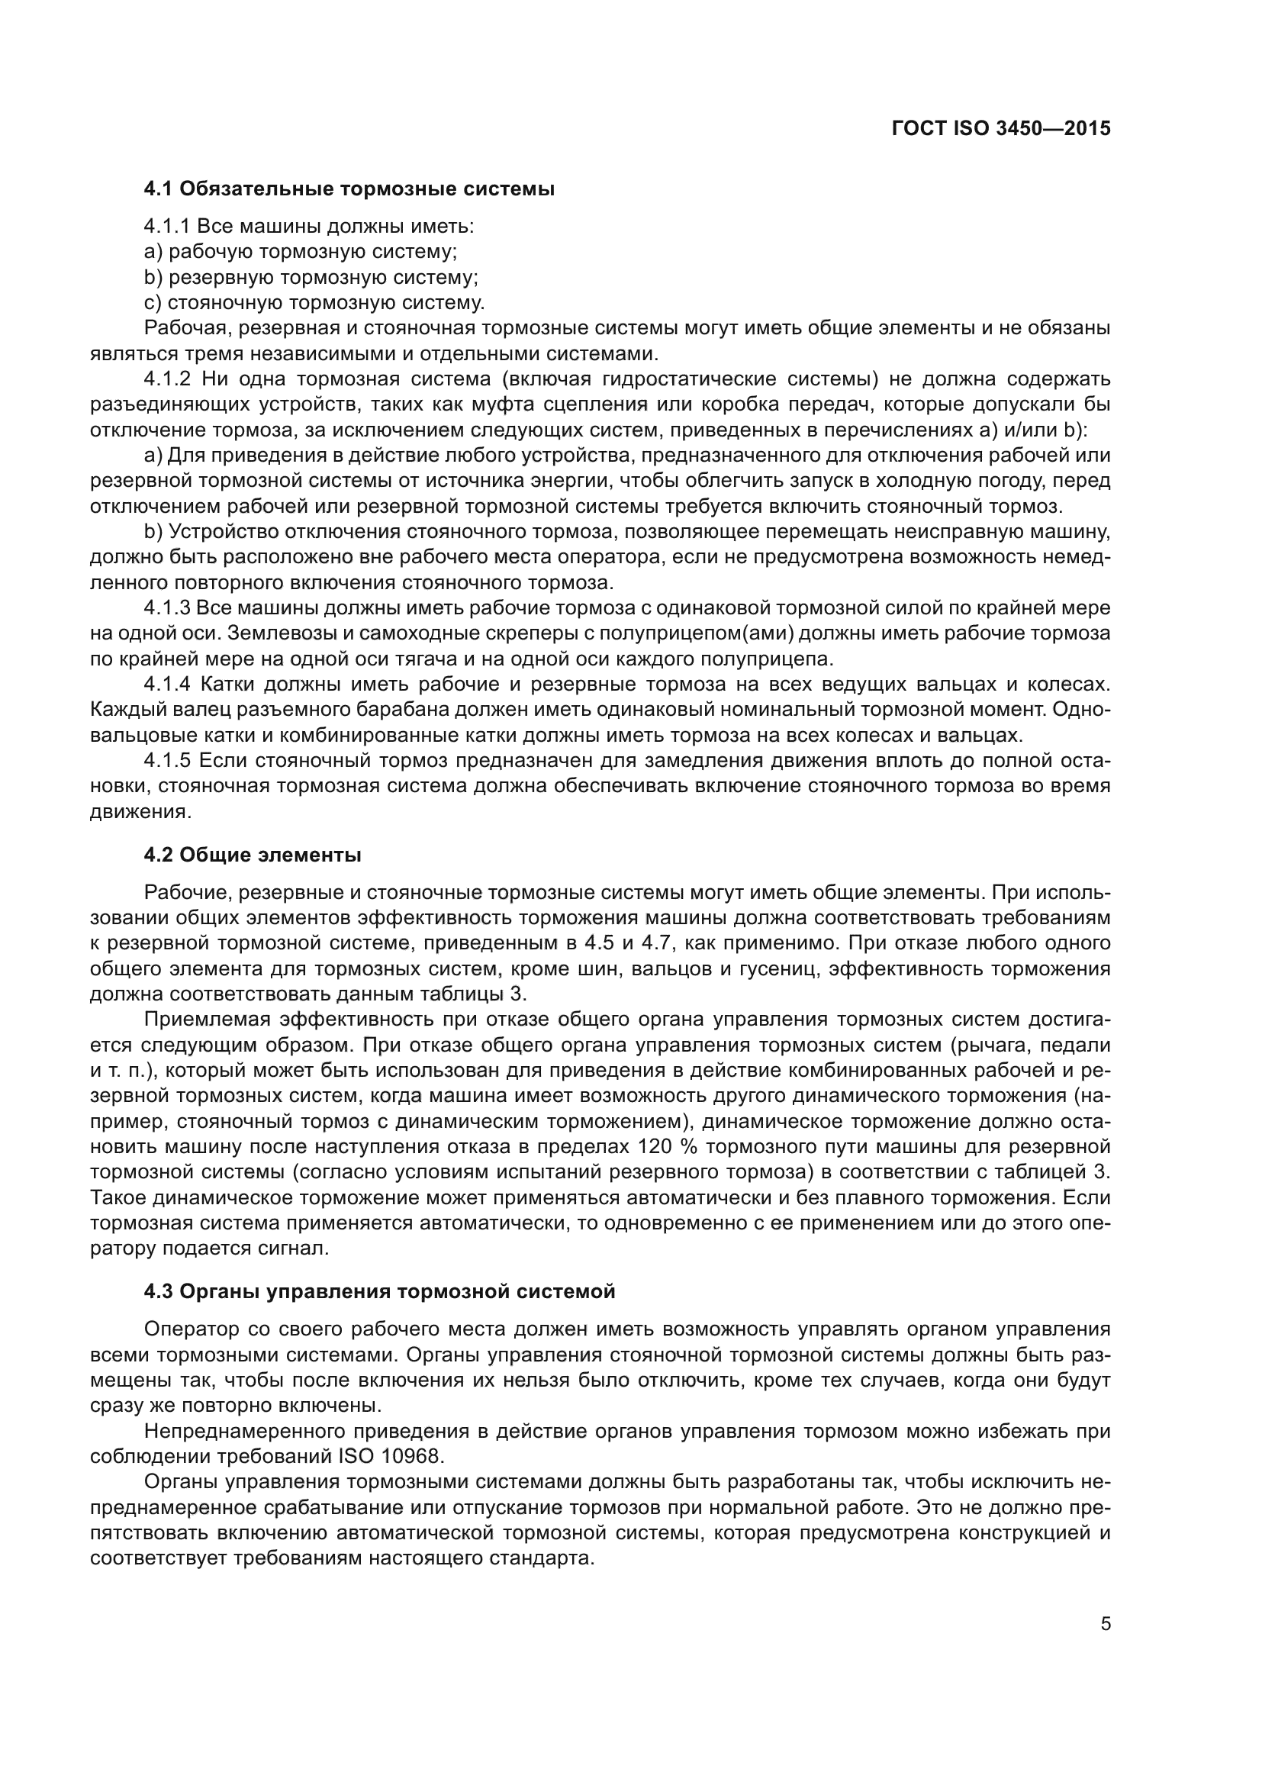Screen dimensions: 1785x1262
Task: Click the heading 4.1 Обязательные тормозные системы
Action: tap(349, 189)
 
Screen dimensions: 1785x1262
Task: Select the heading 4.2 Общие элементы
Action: tap(253, 855)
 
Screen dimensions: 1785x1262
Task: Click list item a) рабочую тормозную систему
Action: tap(301, 252)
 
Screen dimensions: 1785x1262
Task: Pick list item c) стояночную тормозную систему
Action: tap(314, 303)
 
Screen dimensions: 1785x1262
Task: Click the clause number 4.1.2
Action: tap(167, 379)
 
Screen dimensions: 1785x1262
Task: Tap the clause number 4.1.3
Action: tap(166, 608)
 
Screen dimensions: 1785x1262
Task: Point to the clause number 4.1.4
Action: tap(167, 684)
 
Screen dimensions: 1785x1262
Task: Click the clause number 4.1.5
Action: tap(167, 760)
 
